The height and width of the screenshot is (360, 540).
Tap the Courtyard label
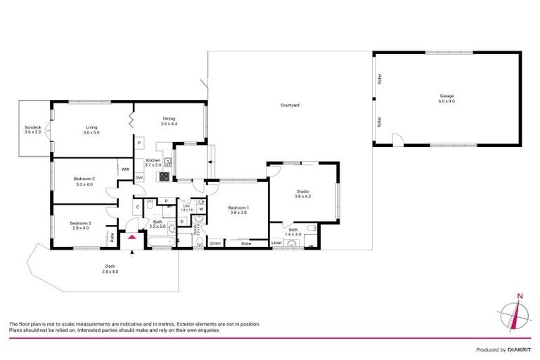(x=290, y=105)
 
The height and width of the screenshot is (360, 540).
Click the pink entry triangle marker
(x=131, y=238)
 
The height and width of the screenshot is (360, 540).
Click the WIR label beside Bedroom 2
(x=125, y=169)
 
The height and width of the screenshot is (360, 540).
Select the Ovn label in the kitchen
(x=139, y=177)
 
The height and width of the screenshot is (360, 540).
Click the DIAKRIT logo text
(x=516, y=349)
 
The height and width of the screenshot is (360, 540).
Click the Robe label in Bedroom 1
(x=246, y=243)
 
